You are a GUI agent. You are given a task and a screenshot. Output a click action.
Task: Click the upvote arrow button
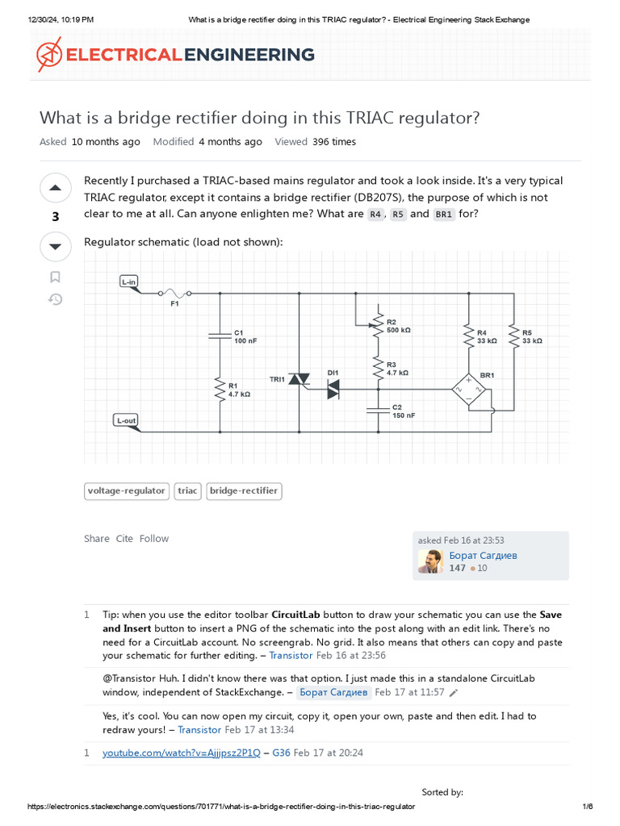point(55,189)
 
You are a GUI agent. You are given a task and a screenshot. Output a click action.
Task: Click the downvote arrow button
point(55,246)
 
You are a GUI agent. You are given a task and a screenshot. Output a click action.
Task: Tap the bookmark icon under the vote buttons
point(55,277)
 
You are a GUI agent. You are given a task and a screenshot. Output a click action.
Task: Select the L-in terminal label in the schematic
point(128,282)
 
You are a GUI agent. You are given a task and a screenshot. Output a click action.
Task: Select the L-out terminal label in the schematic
point(126,420)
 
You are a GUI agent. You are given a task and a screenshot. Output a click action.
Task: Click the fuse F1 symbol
point(174,294)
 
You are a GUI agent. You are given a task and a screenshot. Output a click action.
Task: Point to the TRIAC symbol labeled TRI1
point(300,379)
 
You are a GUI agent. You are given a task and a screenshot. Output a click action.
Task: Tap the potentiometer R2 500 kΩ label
point(398,326)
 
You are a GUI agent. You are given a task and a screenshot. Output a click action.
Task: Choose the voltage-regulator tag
point(127,490)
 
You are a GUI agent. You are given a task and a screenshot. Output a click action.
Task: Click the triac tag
point(187,490)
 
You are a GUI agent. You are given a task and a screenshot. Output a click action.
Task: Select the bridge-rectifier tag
point(244,490)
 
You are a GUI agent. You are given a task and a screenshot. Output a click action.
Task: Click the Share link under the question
point(96,538)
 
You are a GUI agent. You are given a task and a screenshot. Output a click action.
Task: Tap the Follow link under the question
point(154,538)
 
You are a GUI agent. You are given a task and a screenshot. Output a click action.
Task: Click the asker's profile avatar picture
point(429,561)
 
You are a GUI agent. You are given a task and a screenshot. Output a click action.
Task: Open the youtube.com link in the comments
point(182,753)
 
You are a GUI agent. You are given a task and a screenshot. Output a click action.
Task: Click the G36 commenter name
point(281,753)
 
